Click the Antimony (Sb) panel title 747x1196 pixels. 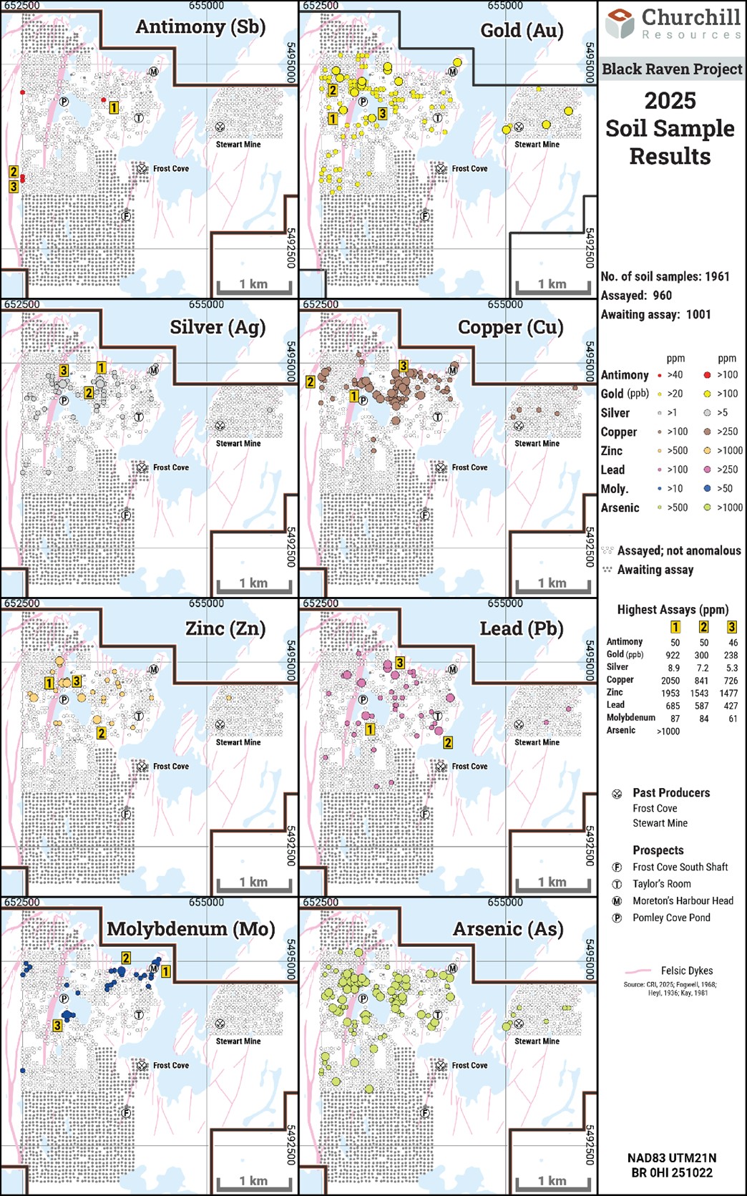coord(200,27)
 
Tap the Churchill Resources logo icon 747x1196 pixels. coord(619,23)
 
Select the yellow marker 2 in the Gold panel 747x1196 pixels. coord(333,91)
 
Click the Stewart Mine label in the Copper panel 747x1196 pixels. coord(537,444)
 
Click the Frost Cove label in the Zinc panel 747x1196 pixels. coord(170,767)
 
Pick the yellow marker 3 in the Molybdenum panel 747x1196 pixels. coord(57,1026)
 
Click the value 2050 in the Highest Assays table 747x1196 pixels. coord(670,681)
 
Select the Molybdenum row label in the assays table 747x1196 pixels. coord(630,718)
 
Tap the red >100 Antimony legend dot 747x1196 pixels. coord(708,375)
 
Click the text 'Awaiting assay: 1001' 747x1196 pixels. coord(655,314)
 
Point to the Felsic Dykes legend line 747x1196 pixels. coord(639,971)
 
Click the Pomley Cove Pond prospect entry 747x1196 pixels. coord(671,918)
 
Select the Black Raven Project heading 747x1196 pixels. coord(672,69)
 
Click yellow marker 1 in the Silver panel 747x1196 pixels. coord(101,368)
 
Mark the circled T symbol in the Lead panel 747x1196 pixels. coord(437,716)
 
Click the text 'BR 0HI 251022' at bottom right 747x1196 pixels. coord(671,1172)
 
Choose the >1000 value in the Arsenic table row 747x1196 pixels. coord(668,731)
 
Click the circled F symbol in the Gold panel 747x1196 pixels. coord(425,216)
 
